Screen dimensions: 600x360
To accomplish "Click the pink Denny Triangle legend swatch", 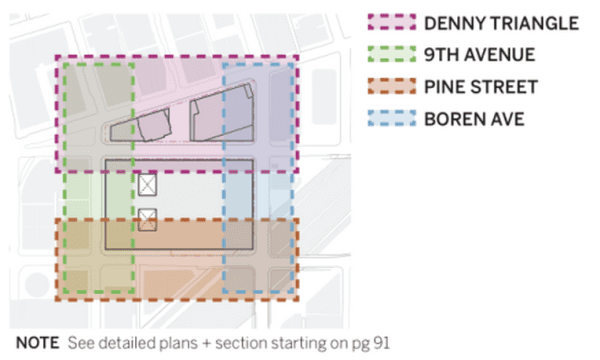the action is tap(387, 22).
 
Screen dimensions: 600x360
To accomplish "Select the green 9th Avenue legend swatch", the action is tap(387, 55).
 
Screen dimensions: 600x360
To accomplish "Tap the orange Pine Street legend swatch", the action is tap(387, 88).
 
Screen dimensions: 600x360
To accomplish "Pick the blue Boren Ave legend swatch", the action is tap(387, 121).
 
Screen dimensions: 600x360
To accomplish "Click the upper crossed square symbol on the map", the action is tap(148, 185).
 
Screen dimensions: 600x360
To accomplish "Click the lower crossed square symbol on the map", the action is tap(148, 219).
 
